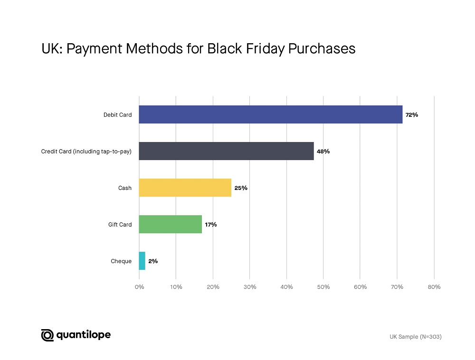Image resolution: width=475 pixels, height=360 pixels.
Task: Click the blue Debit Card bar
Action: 271,114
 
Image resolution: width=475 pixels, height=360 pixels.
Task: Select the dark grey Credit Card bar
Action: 226,151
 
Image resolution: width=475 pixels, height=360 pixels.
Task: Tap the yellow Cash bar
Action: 185,188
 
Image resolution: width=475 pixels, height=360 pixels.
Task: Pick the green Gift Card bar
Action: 170,224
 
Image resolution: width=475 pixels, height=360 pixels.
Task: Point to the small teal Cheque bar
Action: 142,261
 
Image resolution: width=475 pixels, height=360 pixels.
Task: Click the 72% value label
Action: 412,115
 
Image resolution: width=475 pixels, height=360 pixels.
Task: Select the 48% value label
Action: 323,152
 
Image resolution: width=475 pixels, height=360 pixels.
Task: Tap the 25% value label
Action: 241,188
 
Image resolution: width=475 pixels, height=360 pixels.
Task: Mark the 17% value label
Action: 211,225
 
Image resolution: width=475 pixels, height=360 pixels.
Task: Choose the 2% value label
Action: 153,261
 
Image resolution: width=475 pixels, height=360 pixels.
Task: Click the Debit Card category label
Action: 117,115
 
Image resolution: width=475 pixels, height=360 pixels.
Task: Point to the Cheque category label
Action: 121,261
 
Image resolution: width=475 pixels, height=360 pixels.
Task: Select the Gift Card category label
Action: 120,225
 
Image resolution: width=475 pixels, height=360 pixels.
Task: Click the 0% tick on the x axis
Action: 139,287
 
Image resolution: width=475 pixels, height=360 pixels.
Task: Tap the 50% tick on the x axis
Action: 323,287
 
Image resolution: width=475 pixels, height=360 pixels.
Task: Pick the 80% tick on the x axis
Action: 434,287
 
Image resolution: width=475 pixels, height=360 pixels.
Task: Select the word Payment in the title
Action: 94,49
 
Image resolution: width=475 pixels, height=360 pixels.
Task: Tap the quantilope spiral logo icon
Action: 47,335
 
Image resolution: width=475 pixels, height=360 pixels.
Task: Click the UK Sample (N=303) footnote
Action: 416,337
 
